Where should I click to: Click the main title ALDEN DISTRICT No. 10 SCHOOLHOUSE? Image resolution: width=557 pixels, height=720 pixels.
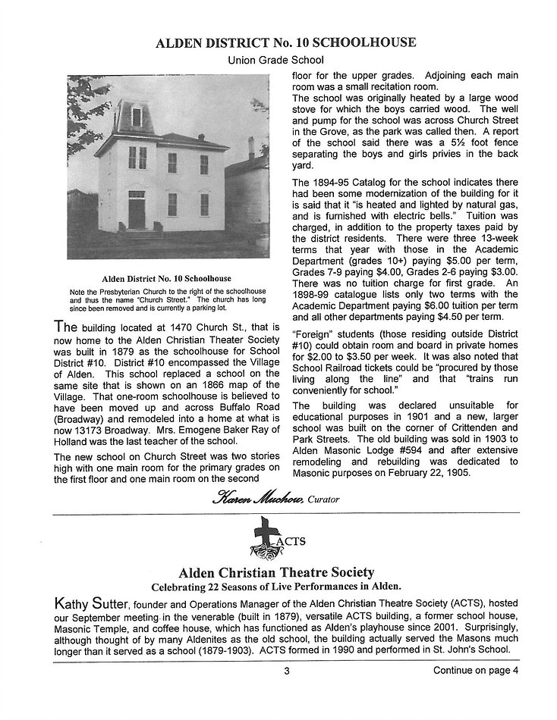(285, 42)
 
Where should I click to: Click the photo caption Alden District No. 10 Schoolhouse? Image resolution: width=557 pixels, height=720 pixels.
(167, 278)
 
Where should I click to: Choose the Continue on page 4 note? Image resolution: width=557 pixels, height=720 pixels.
(476, 670)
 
